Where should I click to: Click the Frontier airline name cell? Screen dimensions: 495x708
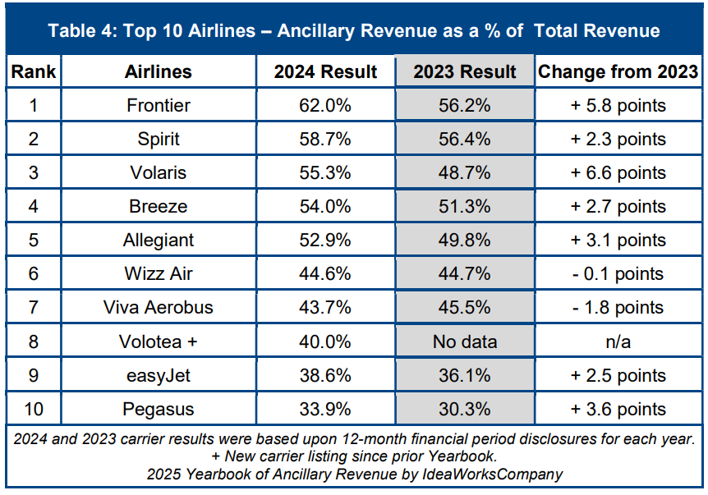[159, 105]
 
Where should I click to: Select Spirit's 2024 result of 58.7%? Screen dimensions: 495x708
[324, 139]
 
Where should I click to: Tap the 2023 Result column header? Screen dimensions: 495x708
[465, 72]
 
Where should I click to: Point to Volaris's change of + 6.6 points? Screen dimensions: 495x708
[618, 172]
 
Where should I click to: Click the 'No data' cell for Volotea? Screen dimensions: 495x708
[465, 341]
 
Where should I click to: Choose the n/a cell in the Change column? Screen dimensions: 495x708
[618, 341]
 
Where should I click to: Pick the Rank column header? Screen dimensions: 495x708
[34, 72]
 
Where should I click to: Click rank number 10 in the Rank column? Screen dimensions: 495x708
[34, 409]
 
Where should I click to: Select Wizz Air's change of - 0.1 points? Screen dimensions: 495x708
[618, 273]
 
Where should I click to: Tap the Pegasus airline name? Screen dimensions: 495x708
[159, 409]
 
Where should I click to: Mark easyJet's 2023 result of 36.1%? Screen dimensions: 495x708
[465, 375]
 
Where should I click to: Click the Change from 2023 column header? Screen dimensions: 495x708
[618, 72]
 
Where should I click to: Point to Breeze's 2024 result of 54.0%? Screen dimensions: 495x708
[324, 206]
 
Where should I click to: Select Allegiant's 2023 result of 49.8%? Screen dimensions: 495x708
[465, 240]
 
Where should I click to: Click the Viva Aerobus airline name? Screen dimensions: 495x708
[159, 308]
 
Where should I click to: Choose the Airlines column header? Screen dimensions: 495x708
[159, 72]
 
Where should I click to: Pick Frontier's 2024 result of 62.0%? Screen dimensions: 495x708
[324, 105]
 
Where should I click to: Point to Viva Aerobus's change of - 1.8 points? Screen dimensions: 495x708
[618, 308]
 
